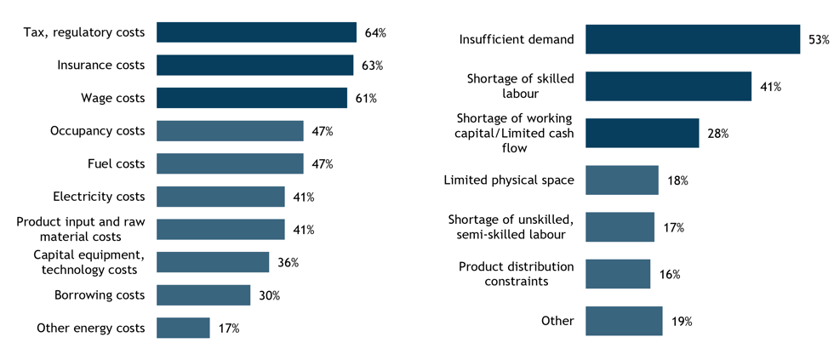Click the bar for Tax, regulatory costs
pyautogui.click(x=256, y=32)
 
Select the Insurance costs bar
pyautogui.click(x=254, y=65)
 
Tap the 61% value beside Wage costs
pyautogui.click(x=366, y=98)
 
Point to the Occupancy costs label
pyautogui.click(x=97, y=131)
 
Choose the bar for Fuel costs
pyautogui.click(x=230, y=163)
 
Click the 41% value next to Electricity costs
pyautogui.click(x=304, y=197)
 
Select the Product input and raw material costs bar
pyautogui.click(x=220, y=229)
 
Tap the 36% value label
pyautogui.click(x=288, y=262)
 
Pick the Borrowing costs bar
pyautogui.click(x=203, y=295)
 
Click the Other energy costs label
pyautogui.click(x=91, y=329)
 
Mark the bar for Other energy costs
pyautogui.click(x=183, y=328)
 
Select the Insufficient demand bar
pyautogui.click(x=693, y=39)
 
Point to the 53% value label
pyautogui.click(x=819, y=39)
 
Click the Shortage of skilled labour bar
pyautogui.click(x=669, y=86)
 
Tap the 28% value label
pyautogui.click(x=717, y=134)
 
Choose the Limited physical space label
pyautogui.click(x=509, y=180)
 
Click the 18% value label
pyautogui.click(x=677, y=180)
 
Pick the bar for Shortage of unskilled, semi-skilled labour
pyautogui.click(x=620, y=227)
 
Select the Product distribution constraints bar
pyautogui.click(x=618, y=274)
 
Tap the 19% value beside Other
pyautogui.click(x=682, y=321)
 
